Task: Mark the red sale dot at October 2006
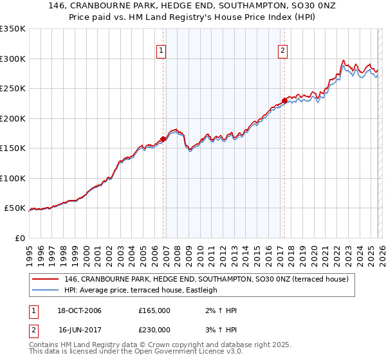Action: tap(163, 139)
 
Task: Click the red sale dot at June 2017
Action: tap(284, 100)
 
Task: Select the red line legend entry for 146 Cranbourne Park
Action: tap(206, 279)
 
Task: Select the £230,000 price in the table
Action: tap(154, 330)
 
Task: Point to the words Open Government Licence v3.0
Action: tap(193, 352)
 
